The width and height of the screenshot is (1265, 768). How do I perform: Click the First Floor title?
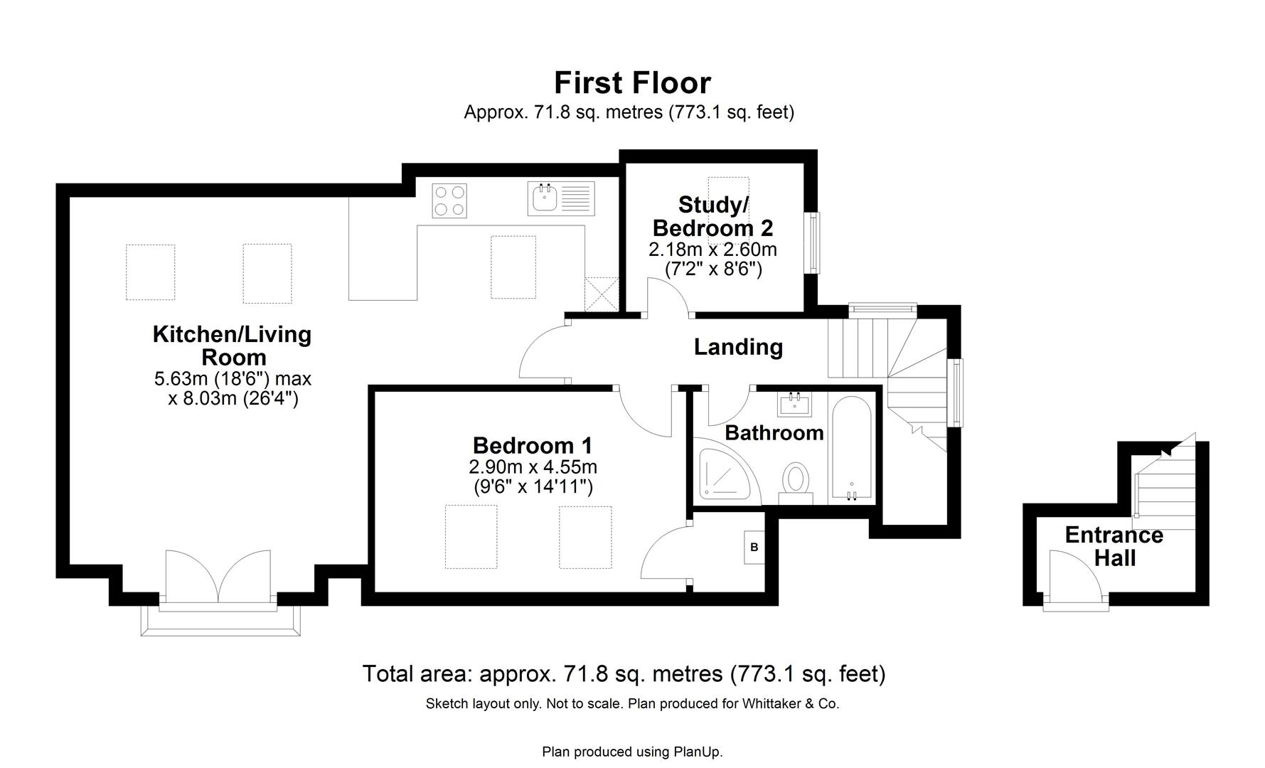pos(632,83)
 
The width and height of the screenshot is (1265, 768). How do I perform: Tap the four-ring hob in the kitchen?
pos(450,201)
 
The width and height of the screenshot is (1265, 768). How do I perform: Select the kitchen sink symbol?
pos(545,198)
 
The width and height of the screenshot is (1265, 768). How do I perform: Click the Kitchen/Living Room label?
pos(233,346)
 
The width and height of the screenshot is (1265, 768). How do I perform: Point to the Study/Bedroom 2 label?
pos(712,216)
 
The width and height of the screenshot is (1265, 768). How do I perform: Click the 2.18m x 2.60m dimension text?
pos(712,250)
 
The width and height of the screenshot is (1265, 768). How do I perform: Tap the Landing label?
pos(738,347)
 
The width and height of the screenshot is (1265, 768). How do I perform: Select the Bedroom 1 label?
pos(532,446)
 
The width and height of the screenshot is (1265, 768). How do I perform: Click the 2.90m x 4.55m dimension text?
pos(533,467)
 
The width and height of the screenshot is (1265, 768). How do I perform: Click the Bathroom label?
pos(774,432)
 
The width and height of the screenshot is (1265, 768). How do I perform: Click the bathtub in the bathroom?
pos(852,449)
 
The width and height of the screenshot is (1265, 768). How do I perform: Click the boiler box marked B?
pos(754,548)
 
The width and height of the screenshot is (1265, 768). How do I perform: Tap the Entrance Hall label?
pos(1114,546)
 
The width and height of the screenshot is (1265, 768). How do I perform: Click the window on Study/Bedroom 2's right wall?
pos(813,242)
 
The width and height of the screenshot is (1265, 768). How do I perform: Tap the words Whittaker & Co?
pos(790,704)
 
